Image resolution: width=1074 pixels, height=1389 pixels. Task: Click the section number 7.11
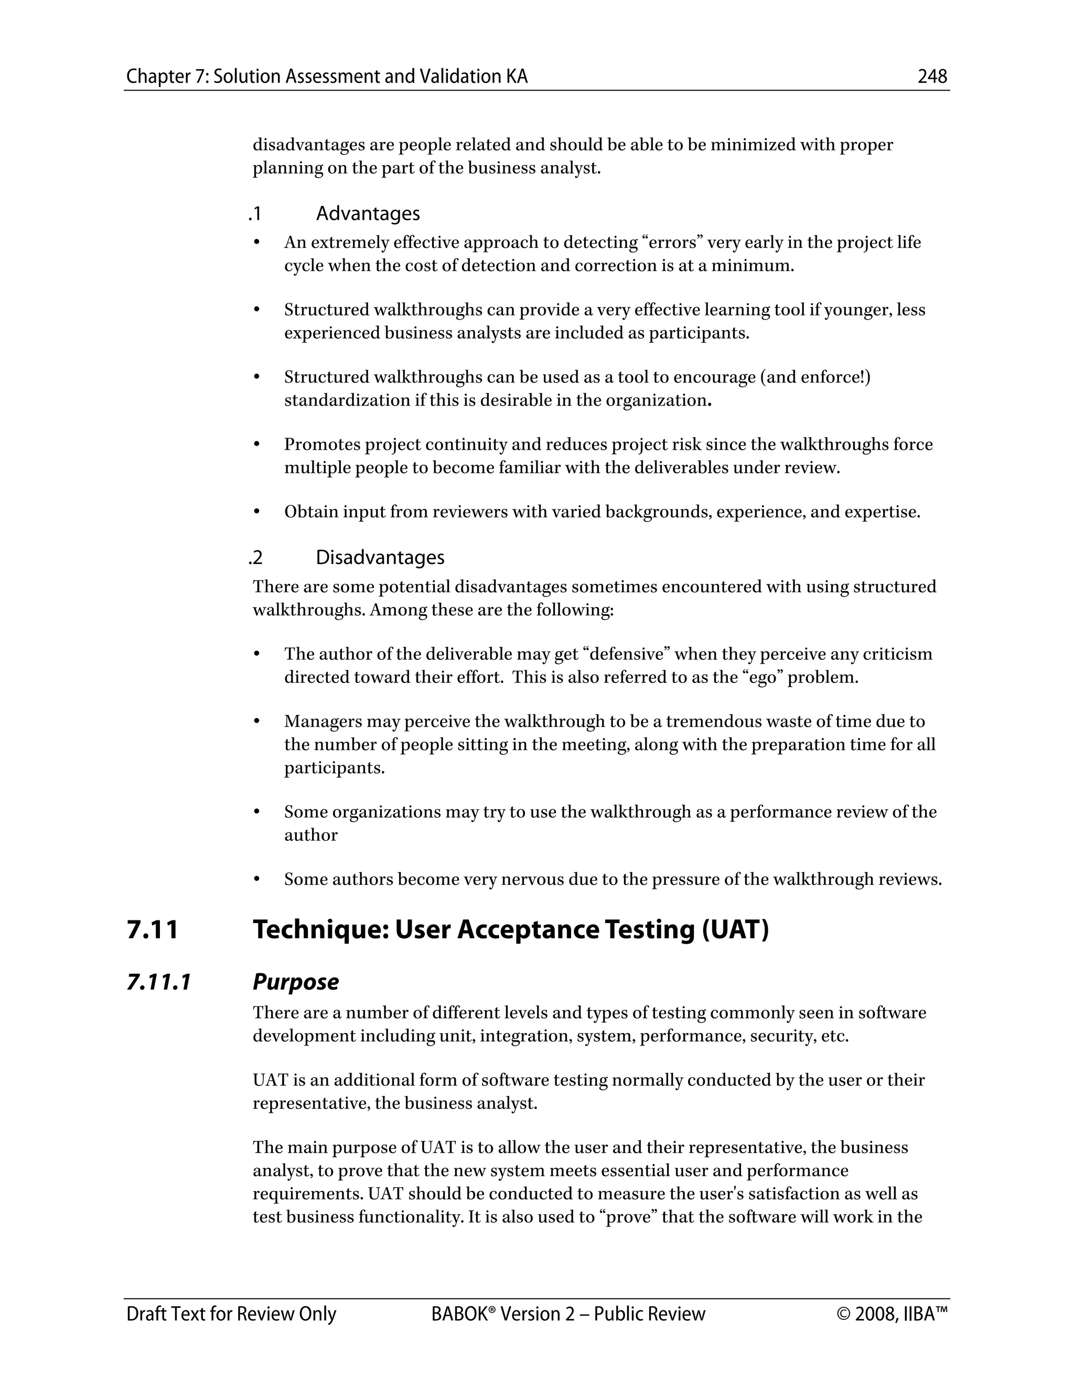[153, 930]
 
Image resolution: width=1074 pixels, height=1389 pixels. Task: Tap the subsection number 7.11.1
[158, 982]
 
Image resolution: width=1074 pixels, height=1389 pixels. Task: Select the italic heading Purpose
[295, 982]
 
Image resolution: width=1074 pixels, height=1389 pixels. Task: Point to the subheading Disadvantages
[380, 557]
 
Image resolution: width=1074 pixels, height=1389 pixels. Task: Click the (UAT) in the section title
[736, 930]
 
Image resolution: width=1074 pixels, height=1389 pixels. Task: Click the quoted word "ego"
[761, 677]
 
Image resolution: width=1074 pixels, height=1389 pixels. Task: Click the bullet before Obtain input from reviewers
[257, 512]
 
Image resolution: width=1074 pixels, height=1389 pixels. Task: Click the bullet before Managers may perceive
[257, 721]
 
